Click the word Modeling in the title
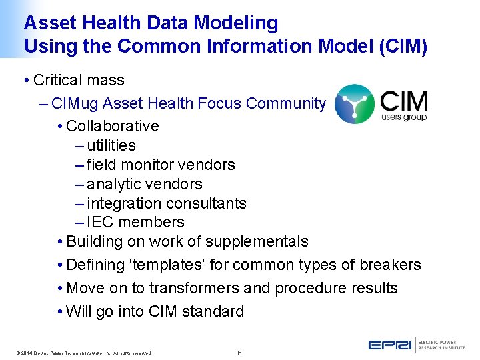click(x=236, y=23)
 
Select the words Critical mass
click(x=79, y=81)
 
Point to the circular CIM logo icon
click(x=354, y=104)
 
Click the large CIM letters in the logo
click(x=403, y=101)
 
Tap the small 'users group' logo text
click(x=403, y=117)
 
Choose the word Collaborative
click(x=113, y=126)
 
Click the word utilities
click(x=111, y=145)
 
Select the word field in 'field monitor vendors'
click(x=101, y=165)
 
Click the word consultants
click(x=212, y=203)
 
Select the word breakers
click(x=390, y=265)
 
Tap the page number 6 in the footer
click(x=239, y=352)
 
